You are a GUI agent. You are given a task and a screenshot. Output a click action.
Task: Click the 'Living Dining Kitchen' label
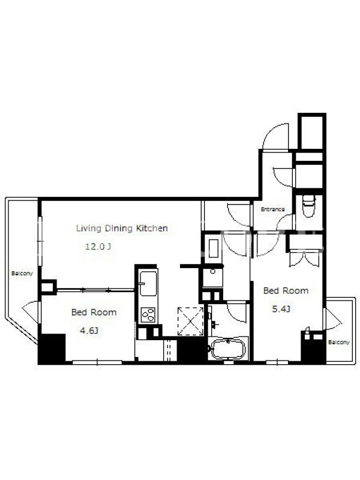[x=122, y=228]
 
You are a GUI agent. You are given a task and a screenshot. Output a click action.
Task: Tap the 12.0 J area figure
[x=98, y=247]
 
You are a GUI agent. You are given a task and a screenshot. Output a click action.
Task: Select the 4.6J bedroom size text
[x=89, y=331]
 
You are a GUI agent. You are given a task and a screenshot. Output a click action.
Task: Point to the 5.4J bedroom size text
[x=281, y=309]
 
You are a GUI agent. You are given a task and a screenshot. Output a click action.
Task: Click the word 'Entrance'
[x=273, y=209]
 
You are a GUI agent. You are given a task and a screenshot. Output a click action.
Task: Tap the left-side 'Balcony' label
[x=22, y=274]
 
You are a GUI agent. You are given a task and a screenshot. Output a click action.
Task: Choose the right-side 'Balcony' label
[x=339, y=342]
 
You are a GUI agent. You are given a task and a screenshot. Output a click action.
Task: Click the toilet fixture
[x=308, y=206]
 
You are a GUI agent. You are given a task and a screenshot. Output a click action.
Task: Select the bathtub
[x=229, y=349]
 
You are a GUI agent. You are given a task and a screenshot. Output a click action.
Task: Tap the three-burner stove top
[x=148, y=314]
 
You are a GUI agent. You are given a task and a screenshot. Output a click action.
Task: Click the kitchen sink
[x=148, y=283]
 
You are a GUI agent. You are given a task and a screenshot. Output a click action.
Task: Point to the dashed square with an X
[x=190, y=322]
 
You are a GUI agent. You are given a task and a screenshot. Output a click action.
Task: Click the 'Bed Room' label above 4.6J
[x=94, y=312]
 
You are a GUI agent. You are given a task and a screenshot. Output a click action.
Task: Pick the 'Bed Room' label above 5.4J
[x=286, y=290]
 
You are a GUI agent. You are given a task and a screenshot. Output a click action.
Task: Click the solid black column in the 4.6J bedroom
[x=52, y=349]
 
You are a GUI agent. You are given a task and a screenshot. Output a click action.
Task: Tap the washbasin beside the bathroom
[x=213, y=277]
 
